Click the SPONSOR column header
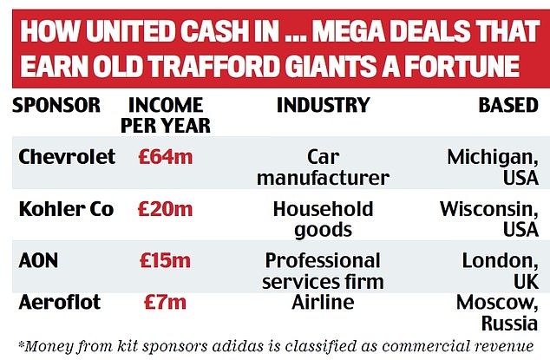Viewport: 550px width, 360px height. [x=57, y=106]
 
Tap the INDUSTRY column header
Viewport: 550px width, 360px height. [x=322, y=106]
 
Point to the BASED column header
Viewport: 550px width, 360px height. [x=507, y=106]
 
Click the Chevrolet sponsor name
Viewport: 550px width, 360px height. [x=66, y=157]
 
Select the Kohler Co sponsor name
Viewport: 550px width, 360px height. [x=67, y=209]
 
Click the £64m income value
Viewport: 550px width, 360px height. [x=165, y=157]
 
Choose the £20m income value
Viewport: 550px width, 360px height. [x=165, y=209]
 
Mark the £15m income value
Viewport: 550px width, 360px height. [x=165, y=261]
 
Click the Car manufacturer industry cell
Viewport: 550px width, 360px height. [x=323, y=167]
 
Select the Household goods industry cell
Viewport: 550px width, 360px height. [x=323, y=219]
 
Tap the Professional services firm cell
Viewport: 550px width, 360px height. [x=323, y=271]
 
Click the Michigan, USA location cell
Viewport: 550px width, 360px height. [x=493, y=167]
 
